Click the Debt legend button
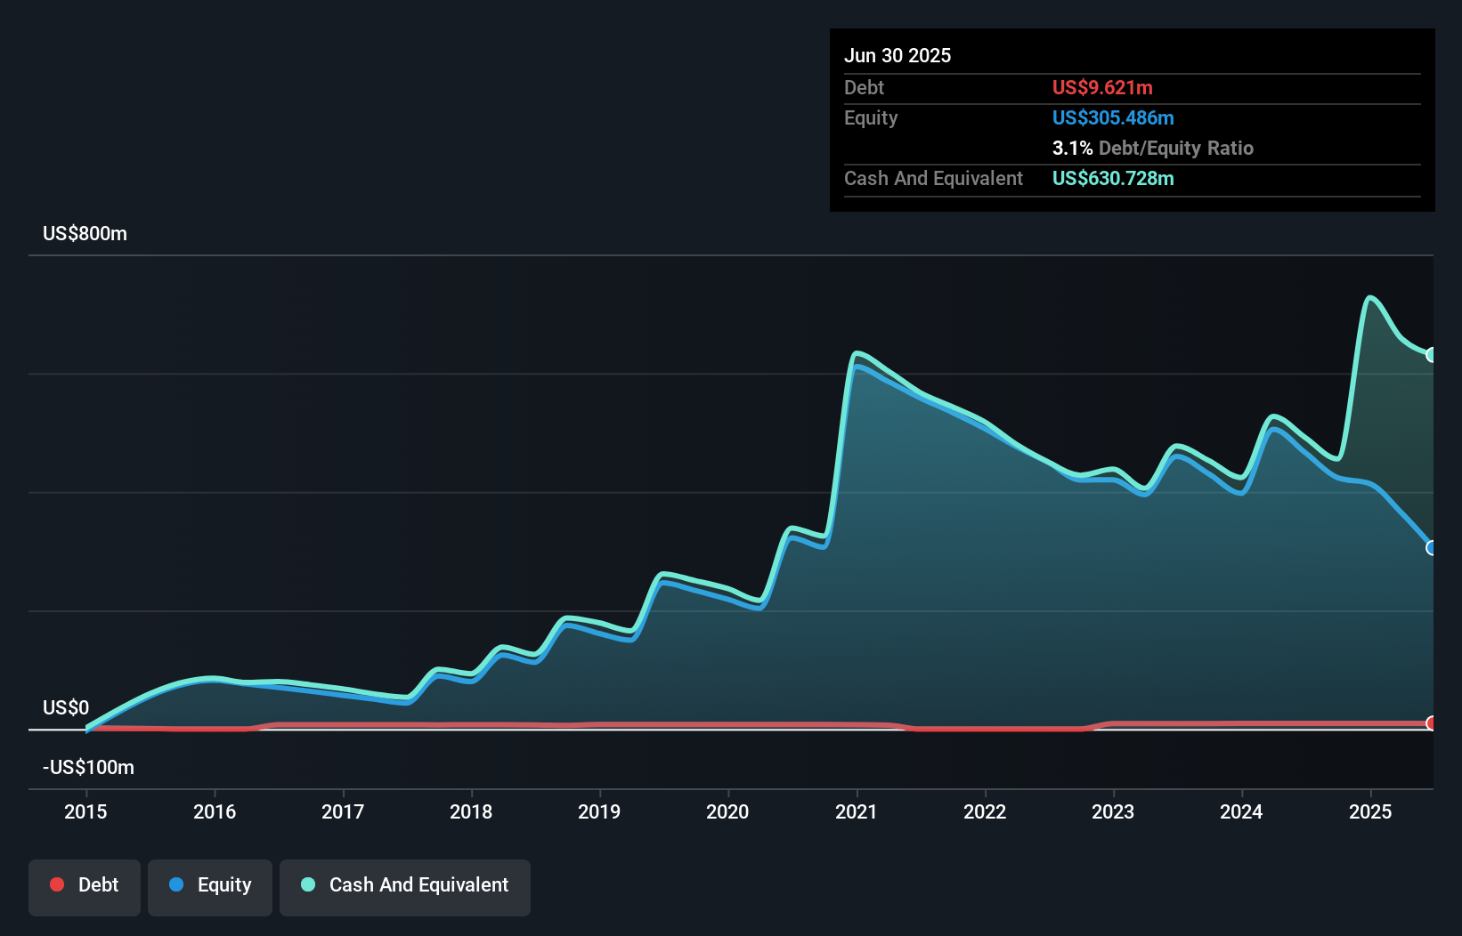pos(85,885)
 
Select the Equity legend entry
pos(210,885)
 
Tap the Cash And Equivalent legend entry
pos(405,885)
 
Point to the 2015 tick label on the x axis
pos(85,811)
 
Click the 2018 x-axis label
pos(471,811)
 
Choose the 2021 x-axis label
pos(856,811)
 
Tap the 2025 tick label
pos(1369,811)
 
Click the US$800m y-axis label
pos(85,234)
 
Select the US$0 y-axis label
pos(66,708)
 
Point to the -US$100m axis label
pos(89,768)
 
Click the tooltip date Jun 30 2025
pos(898,56)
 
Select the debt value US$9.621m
pos(1102,88)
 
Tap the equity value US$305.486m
pos(1113,118)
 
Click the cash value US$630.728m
pos(1113,179)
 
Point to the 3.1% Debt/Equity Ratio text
pos(1152,149)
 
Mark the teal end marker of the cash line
pos(1432,355)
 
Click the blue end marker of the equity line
pos(1432,548)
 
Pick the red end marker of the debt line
pos(1432,723)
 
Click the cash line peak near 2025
pos(1370,298)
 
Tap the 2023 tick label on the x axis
pos(1113,811)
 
